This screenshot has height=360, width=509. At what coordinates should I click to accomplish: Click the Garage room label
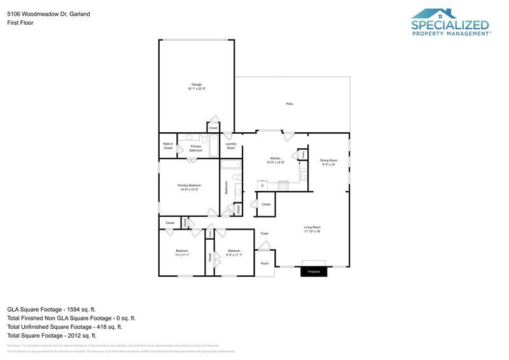coord(197,84)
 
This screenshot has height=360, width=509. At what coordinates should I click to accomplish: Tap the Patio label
coord(289,104)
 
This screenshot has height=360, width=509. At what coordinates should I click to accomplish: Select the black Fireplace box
coord(314,272)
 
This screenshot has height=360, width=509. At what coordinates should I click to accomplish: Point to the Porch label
coord(265,263)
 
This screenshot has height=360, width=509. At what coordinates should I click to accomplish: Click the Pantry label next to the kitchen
coord(303,154)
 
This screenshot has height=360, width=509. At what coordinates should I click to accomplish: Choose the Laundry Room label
coord(231,146)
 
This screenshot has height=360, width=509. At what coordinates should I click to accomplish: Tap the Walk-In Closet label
coord(168,146)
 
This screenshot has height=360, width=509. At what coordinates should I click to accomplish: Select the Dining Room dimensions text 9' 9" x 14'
coord(328,164)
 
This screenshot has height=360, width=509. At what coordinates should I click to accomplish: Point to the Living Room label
coord(312,227)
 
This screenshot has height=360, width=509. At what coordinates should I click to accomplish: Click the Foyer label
coord(265,233)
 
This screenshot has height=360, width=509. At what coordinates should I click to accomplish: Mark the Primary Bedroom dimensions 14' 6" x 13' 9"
coord(189,190)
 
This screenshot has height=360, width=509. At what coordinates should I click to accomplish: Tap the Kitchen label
coord(275,158)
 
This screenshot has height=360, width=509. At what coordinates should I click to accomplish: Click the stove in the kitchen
coord(283,185)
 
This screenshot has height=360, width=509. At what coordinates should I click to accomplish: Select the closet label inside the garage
coord(213,128)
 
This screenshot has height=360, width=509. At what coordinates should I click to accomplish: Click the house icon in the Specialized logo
coord(434,13)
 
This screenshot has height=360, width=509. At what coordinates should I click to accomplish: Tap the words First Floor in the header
coord(20,22)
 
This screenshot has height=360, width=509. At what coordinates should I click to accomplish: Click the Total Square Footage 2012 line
coord(52,335)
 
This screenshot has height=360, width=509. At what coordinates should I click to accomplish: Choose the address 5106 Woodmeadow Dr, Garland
coord(48,13)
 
